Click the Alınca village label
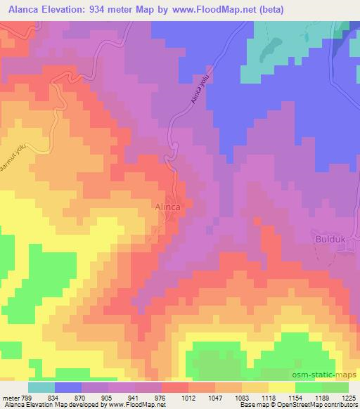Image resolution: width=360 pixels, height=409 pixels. click(x=169, y=208)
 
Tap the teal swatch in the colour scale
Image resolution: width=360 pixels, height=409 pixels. click(x=41, y=387)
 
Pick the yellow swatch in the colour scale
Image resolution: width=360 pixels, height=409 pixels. click(x=281, y=387)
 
